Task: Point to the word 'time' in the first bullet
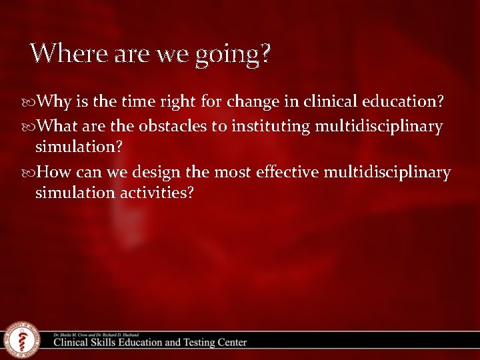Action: (x=138, y=103)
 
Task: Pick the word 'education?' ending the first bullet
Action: (x=403, y=103)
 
